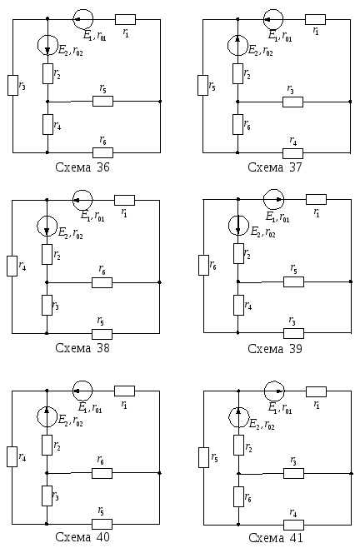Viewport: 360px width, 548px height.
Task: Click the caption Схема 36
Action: click(82, 167)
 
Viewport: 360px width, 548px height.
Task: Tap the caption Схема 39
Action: click(275, 348)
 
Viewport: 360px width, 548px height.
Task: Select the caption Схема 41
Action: click(276, 537)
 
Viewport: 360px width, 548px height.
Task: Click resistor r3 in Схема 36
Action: click(13, 85)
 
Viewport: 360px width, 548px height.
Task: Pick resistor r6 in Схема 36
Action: click(102, 152)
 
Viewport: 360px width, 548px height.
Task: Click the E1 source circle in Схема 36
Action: click(83, 19)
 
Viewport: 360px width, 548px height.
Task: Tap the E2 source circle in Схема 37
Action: click(237, 45)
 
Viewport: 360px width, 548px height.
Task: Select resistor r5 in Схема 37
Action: click(202, 85)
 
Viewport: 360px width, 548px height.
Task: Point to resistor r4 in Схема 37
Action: click(292, 153)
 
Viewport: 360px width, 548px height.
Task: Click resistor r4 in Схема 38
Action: click(12, 266)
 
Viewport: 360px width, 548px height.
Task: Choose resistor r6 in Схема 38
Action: click(102, 282)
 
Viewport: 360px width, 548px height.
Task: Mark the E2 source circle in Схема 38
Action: click(47, 226)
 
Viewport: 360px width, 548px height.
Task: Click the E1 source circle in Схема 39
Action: click(273, 199)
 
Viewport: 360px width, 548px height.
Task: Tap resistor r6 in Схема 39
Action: click(204, 265)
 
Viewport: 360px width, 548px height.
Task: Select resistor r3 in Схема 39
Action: click(293, 333)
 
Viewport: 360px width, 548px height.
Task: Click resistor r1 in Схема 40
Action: click(124, 391)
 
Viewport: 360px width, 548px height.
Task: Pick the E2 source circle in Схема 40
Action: click(47, 416)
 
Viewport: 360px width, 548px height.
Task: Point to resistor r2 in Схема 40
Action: click(47, 445)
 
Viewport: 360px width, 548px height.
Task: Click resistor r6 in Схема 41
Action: click(238, 496)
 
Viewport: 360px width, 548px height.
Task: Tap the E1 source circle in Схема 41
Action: click(274, 391)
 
